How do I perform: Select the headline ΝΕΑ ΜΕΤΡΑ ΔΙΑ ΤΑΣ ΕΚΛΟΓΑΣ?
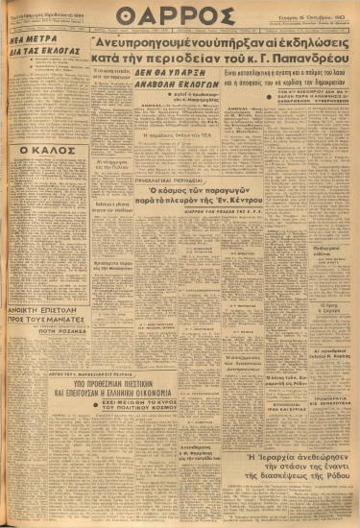36,74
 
